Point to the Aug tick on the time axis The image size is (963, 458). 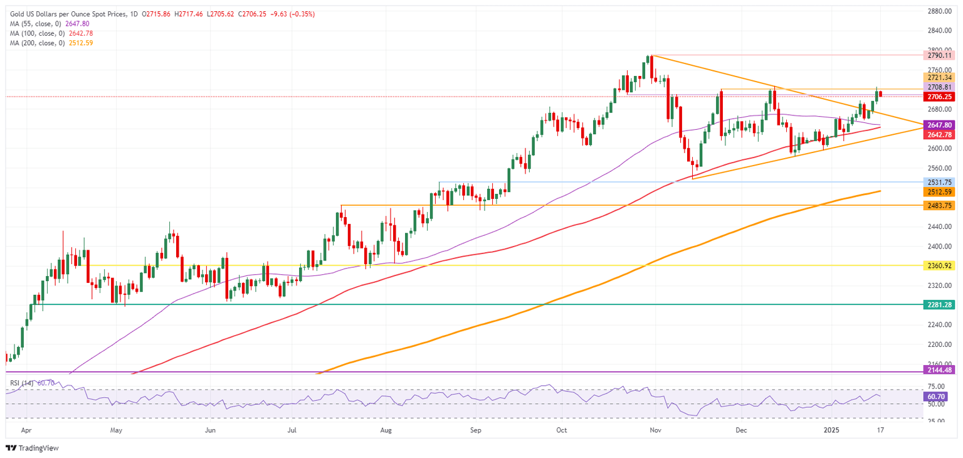(x=386, y=430)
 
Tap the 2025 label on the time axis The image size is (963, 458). (x=831, y=430)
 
